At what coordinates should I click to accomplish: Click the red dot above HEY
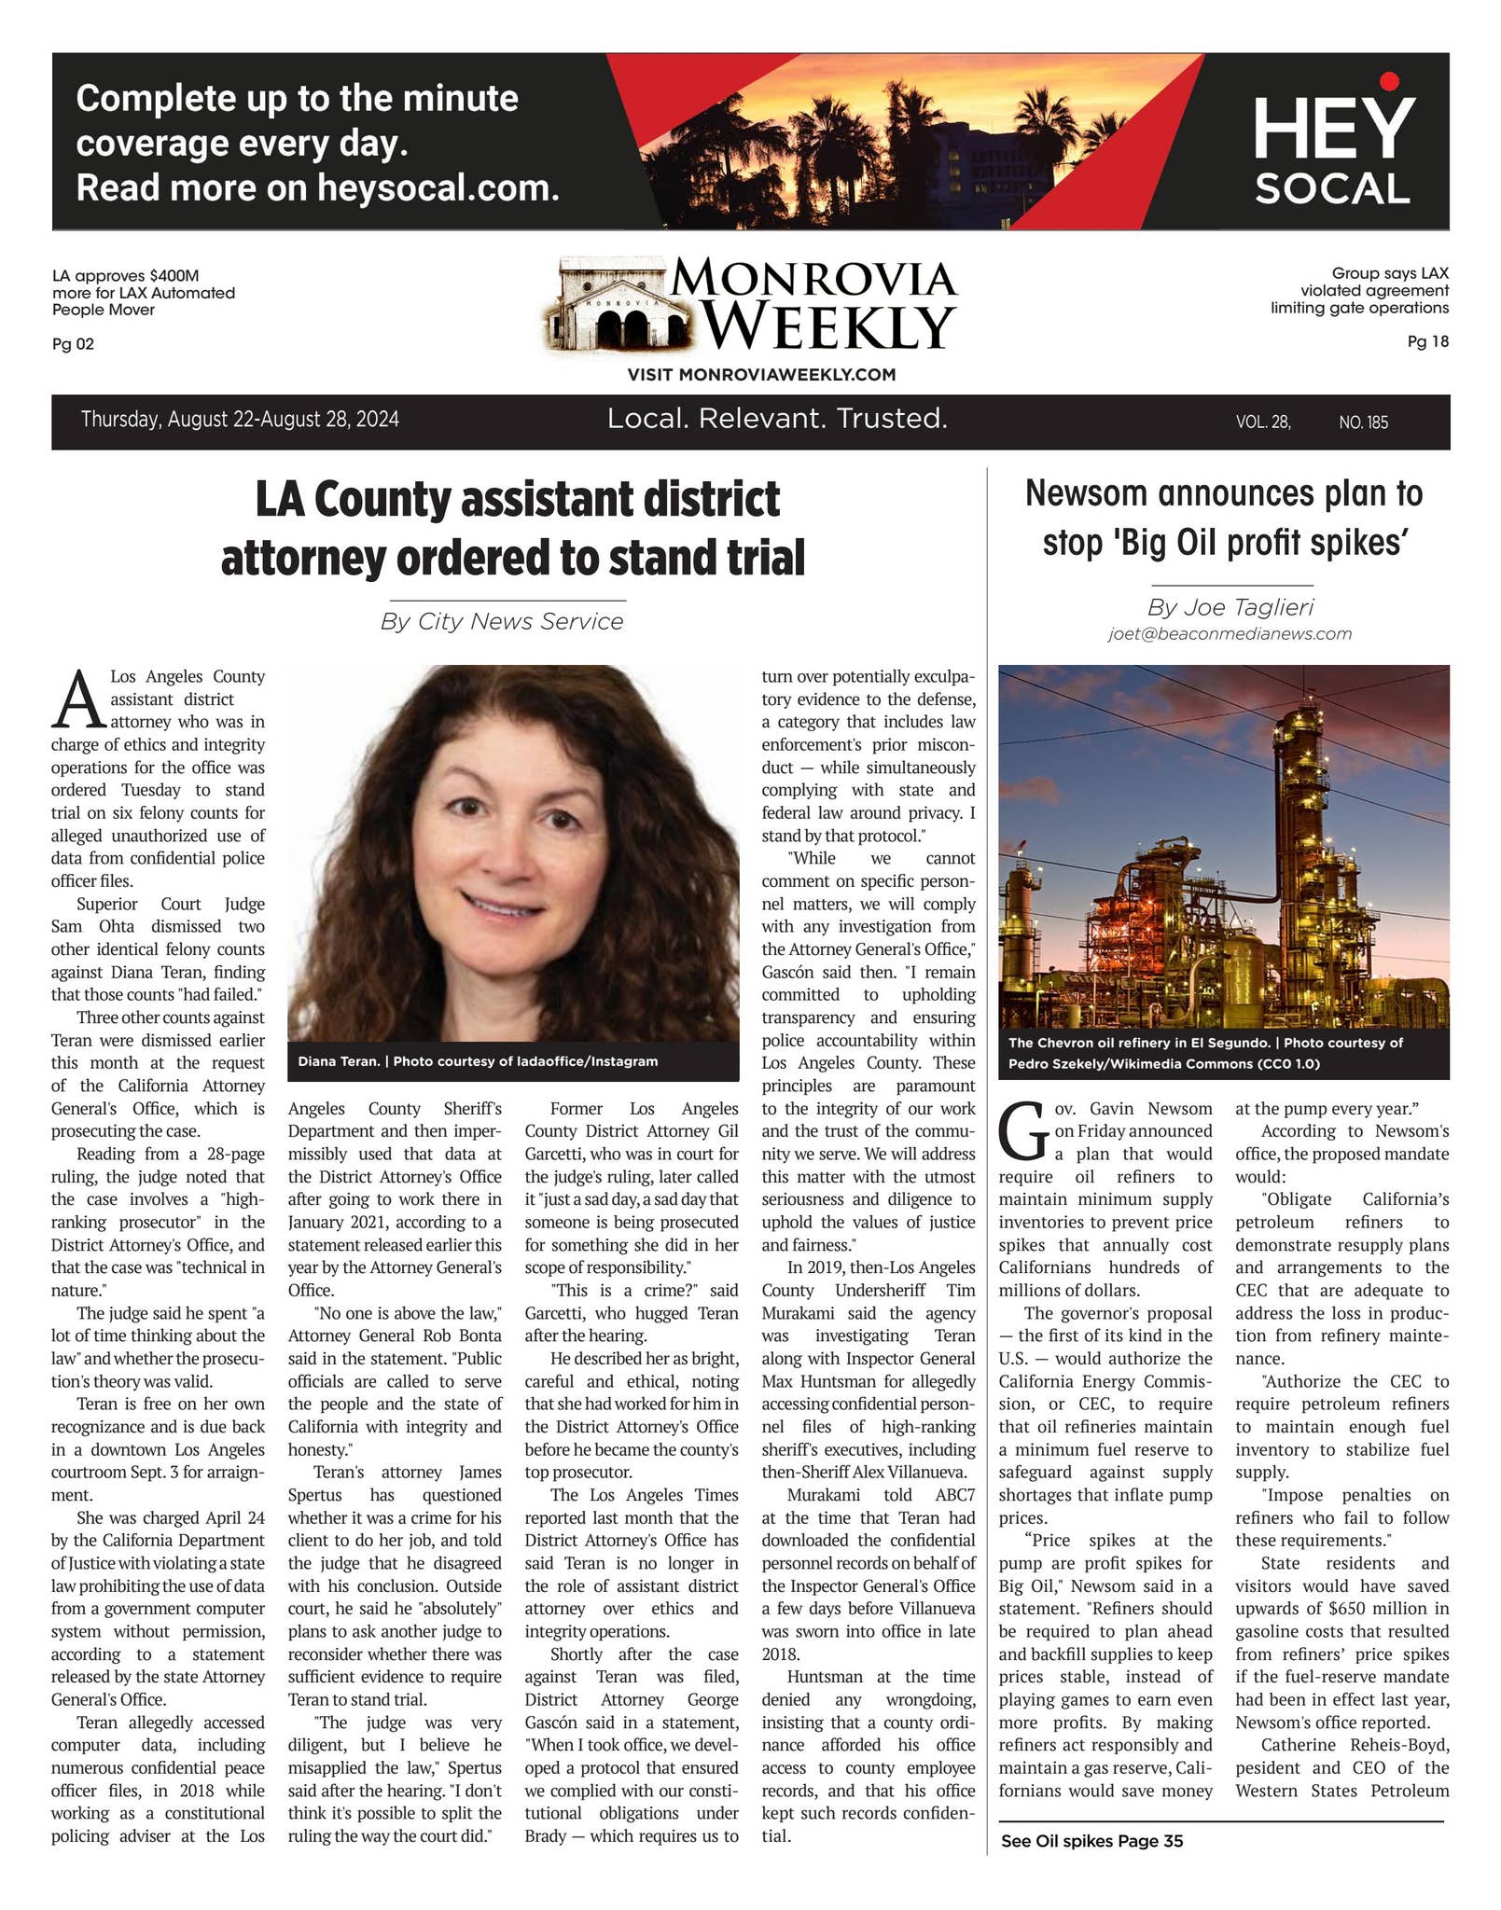pyautogui.click(x=1390, y=82)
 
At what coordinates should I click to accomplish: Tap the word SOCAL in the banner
pyautogui.click(x=1331, y=189)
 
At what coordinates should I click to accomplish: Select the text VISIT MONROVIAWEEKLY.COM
pyautogui.click(x=761, y=375)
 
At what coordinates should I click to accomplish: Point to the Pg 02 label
pyautogui.click(x=73, y=344)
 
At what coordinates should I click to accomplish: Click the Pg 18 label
pyautogui.click(x=1427, y=341)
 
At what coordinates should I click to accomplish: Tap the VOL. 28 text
pyautogui.click(x=1263, y=422)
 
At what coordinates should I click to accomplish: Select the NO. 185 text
pyautogui.click(x=1363, y=422)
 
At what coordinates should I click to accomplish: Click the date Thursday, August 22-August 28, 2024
pyautogui.click(x=240, y=420)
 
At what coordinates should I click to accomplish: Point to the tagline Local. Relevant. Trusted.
pyautogui.click(x=777, y=419)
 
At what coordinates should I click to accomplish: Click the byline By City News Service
pyautogui.click(x=502, y=621)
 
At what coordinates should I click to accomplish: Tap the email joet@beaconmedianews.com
pyautogui.click(x=1230, y=634)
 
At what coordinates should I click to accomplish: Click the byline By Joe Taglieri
pyautogui.click(x=1230, y=607)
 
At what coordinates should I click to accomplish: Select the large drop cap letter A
pyautogui.click(x=77, y=699)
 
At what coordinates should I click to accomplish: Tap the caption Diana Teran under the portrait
pyautogui.click(x=478, y=1061)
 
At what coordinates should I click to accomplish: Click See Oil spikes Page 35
pyautogui.click(x=1091, y=1841)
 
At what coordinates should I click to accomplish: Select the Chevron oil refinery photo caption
pyautogui.click(x=1205, y=1053)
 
